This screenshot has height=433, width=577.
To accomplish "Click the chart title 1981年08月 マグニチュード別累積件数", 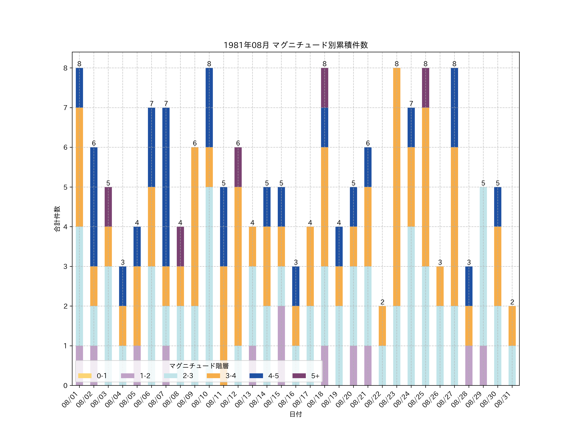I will (296, 45).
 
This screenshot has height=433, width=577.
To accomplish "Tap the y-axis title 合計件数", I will (57, 219).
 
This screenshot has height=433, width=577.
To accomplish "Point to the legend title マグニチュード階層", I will (199, 366).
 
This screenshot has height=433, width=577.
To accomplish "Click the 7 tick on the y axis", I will (65, 108).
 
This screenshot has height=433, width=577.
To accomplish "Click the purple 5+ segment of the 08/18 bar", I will (325, 88).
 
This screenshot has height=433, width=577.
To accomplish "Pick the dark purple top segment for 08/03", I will (108, 207).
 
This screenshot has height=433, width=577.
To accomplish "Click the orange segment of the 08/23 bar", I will (397, 187).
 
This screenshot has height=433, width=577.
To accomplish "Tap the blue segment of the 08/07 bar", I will (166, 187).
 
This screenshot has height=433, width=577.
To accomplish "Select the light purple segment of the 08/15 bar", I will (281, 346).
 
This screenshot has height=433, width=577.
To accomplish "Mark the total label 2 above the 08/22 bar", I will (382, 302).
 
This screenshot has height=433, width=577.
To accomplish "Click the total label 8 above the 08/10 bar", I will (209, 64).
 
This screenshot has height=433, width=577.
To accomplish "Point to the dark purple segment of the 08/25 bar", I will (425, 88).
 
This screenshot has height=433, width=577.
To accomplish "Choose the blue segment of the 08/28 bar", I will (469, 286).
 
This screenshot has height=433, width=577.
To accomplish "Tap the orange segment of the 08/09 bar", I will (195, 227).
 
